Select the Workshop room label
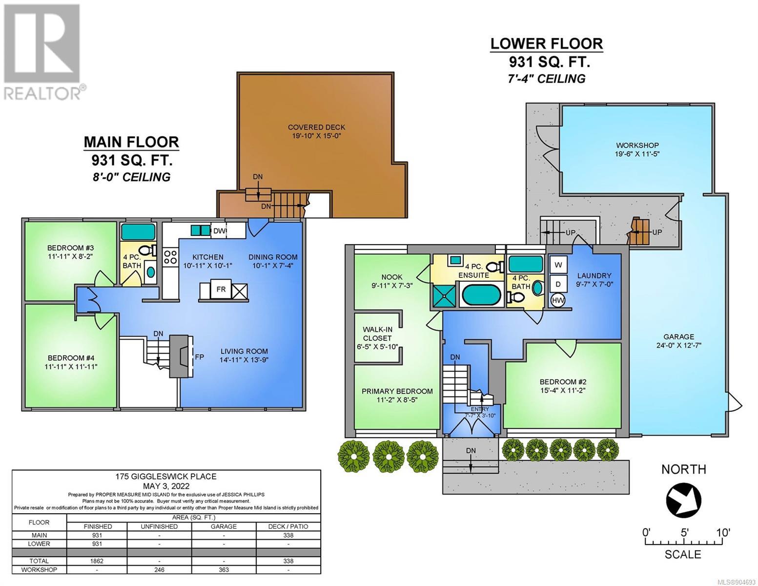(637, 149)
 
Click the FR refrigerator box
(221, 289)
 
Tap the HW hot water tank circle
(558, 300)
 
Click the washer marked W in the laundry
(558, 265)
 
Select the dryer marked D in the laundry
(558, 284)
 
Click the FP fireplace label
(200, 357)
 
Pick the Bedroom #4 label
(71, 362)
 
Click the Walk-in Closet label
(377, 338)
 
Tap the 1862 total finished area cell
(97, 561)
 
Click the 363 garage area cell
(224, 569)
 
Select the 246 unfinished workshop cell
(159, 569)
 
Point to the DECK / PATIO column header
(288, 526)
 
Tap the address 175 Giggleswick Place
(166, 476)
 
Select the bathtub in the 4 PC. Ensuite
(482, 295)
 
